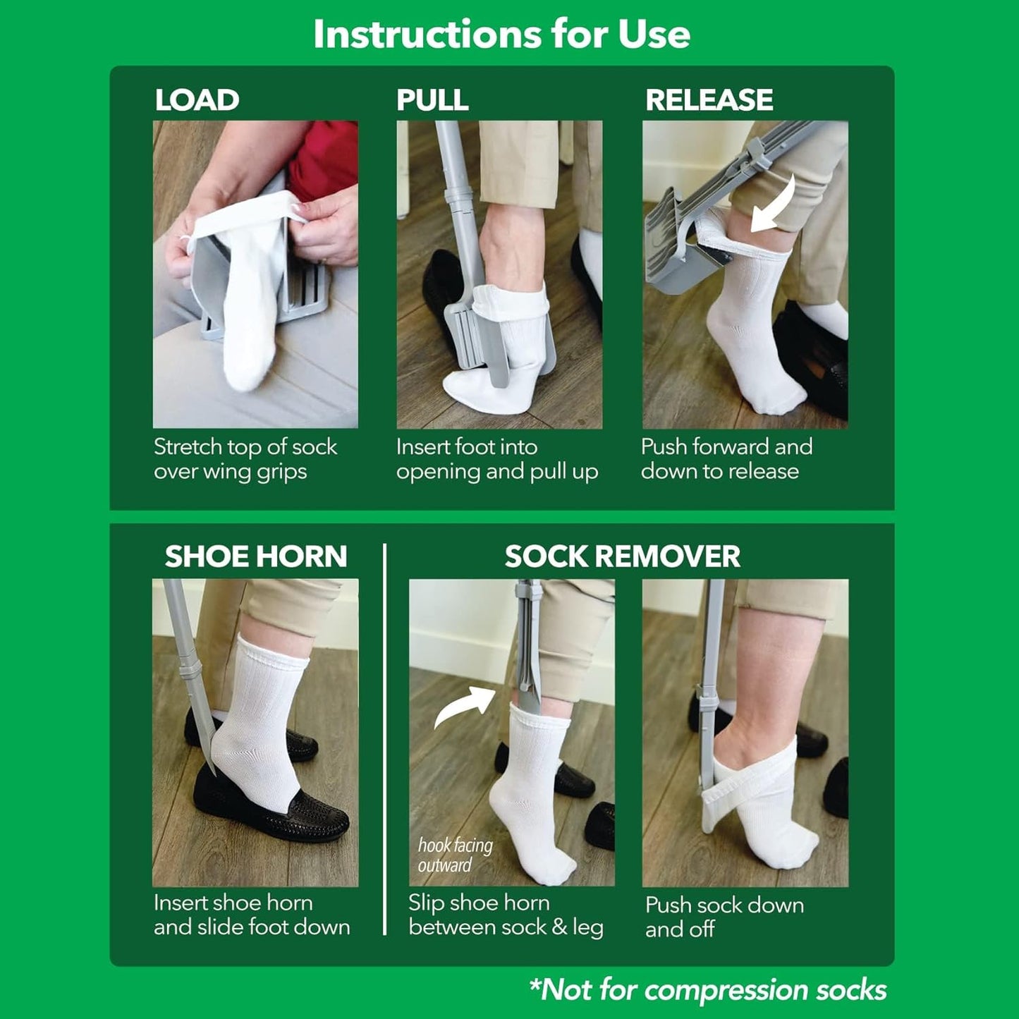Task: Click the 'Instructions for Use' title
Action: click(501, 34)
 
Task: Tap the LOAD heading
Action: click(197, 100)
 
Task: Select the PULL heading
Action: click(432, 100)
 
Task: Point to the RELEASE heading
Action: click(709, 100)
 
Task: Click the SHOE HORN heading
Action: click(256, 556)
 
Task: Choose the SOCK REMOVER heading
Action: click(622, 556)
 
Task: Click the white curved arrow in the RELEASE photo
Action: click(774, 205)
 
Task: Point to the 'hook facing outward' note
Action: click(454, 855)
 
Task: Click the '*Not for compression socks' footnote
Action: click(707, 990)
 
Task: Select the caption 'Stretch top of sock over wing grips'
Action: click(245, 459)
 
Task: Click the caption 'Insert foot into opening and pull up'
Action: click(496, 459)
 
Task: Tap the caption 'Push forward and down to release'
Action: click(726, 459)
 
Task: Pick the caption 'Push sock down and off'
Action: click(724, 917)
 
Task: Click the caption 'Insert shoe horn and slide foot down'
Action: click(251, 915)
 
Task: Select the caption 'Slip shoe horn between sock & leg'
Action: click(505, 915)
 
